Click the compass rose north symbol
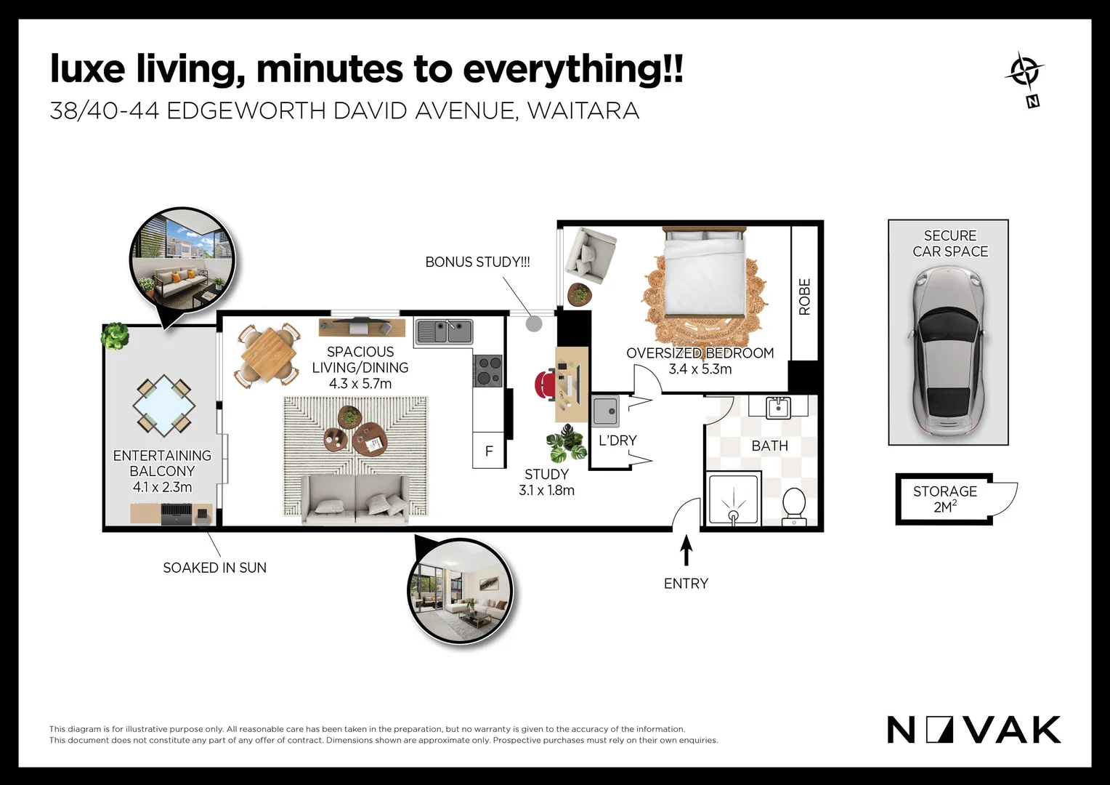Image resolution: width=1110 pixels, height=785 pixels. point(1025,79)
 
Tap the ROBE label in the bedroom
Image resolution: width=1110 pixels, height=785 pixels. point(805,297)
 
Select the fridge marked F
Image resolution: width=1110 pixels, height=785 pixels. point(489,450)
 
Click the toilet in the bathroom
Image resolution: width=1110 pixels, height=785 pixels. point(794,507)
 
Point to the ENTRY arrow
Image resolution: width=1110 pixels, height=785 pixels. point(686,550)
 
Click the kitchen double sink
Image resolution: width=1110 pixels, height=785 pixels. point(444,331)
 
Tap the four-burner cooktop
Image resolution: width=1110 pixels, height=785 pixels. point(487,371)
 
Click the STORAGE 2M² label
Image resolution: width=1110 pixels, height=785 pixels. point(945,499)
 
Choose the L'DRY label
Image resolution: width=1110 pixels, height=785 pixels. point(617,440)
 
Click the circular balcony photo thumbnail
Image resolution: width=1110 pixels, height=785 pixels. point(182,259)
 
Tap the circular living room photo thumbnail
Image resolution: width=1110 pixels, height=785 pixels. point(461,591)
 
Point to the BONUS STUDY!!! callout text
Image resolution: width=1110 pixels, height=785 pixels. point(478,262)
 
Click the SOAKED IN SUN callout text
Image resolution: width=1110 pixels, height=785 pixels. point(214,568)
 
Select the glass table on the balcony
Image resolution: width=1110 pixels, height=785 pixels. point(163,405)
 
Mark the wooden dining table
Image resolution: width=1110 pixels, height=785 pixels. point(269,355)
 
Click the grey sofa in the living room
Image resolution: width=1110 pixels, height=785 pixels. point(355,499)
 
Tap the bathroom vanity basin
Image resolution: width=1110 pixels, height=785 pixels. point(779,408)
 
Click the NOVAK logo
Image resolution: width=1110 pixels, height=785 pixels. point(973,730)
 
